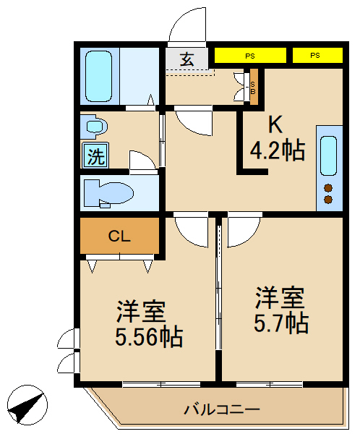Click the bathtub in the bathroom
pyautogui.click(x=99, y=76)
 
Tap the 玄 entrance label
pyautogui.click(x=187, y=59)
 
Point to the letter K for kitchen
pyautogui.click(x=275, y=125)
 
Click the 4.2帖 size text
pyautogui.click(x=277, y=150)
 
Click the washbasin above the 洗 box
pyautogui.click(x=95, y=127)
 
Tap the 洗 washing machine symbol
pyautogui.click(x=95, y=156)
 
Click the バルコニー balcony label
pyautogui.click(x=221, y=410)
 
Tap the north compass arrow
pyautogui.click(x=27, y=406)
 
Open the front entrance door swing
pyautogui.click(x=187, y=27)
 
